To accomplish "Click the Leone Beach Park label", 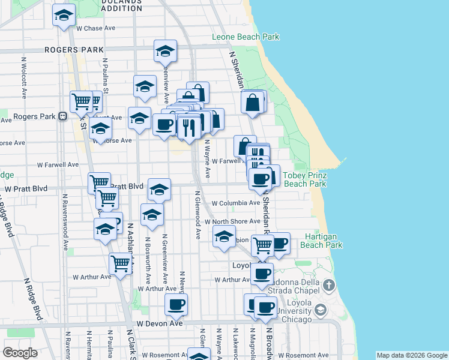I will (x=246, y=37).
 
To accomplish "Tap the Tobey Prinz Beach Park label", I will (x=304, y=180).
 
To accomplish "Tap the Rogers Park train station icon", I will (x=62, y=116).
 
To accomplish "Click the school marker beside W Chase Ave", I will (x=63, y=16).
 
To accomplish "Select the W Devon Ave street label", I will (x=159, y=323).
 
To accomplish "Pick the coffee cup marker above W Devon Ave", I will (x=176, y=304).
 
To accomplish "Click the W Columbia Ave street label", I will (x=235, y=203).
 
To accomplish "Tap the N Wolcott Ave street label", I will (x=25, y=77).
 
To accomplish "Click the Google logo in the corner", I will (x=20, y=353).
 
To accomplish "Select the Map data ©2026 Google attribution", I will (x=411, y=356).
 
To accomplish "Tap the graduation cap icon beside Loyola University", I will (x=321, y=310).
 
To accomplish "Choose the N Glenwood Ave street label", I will (x=197, y=215).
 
